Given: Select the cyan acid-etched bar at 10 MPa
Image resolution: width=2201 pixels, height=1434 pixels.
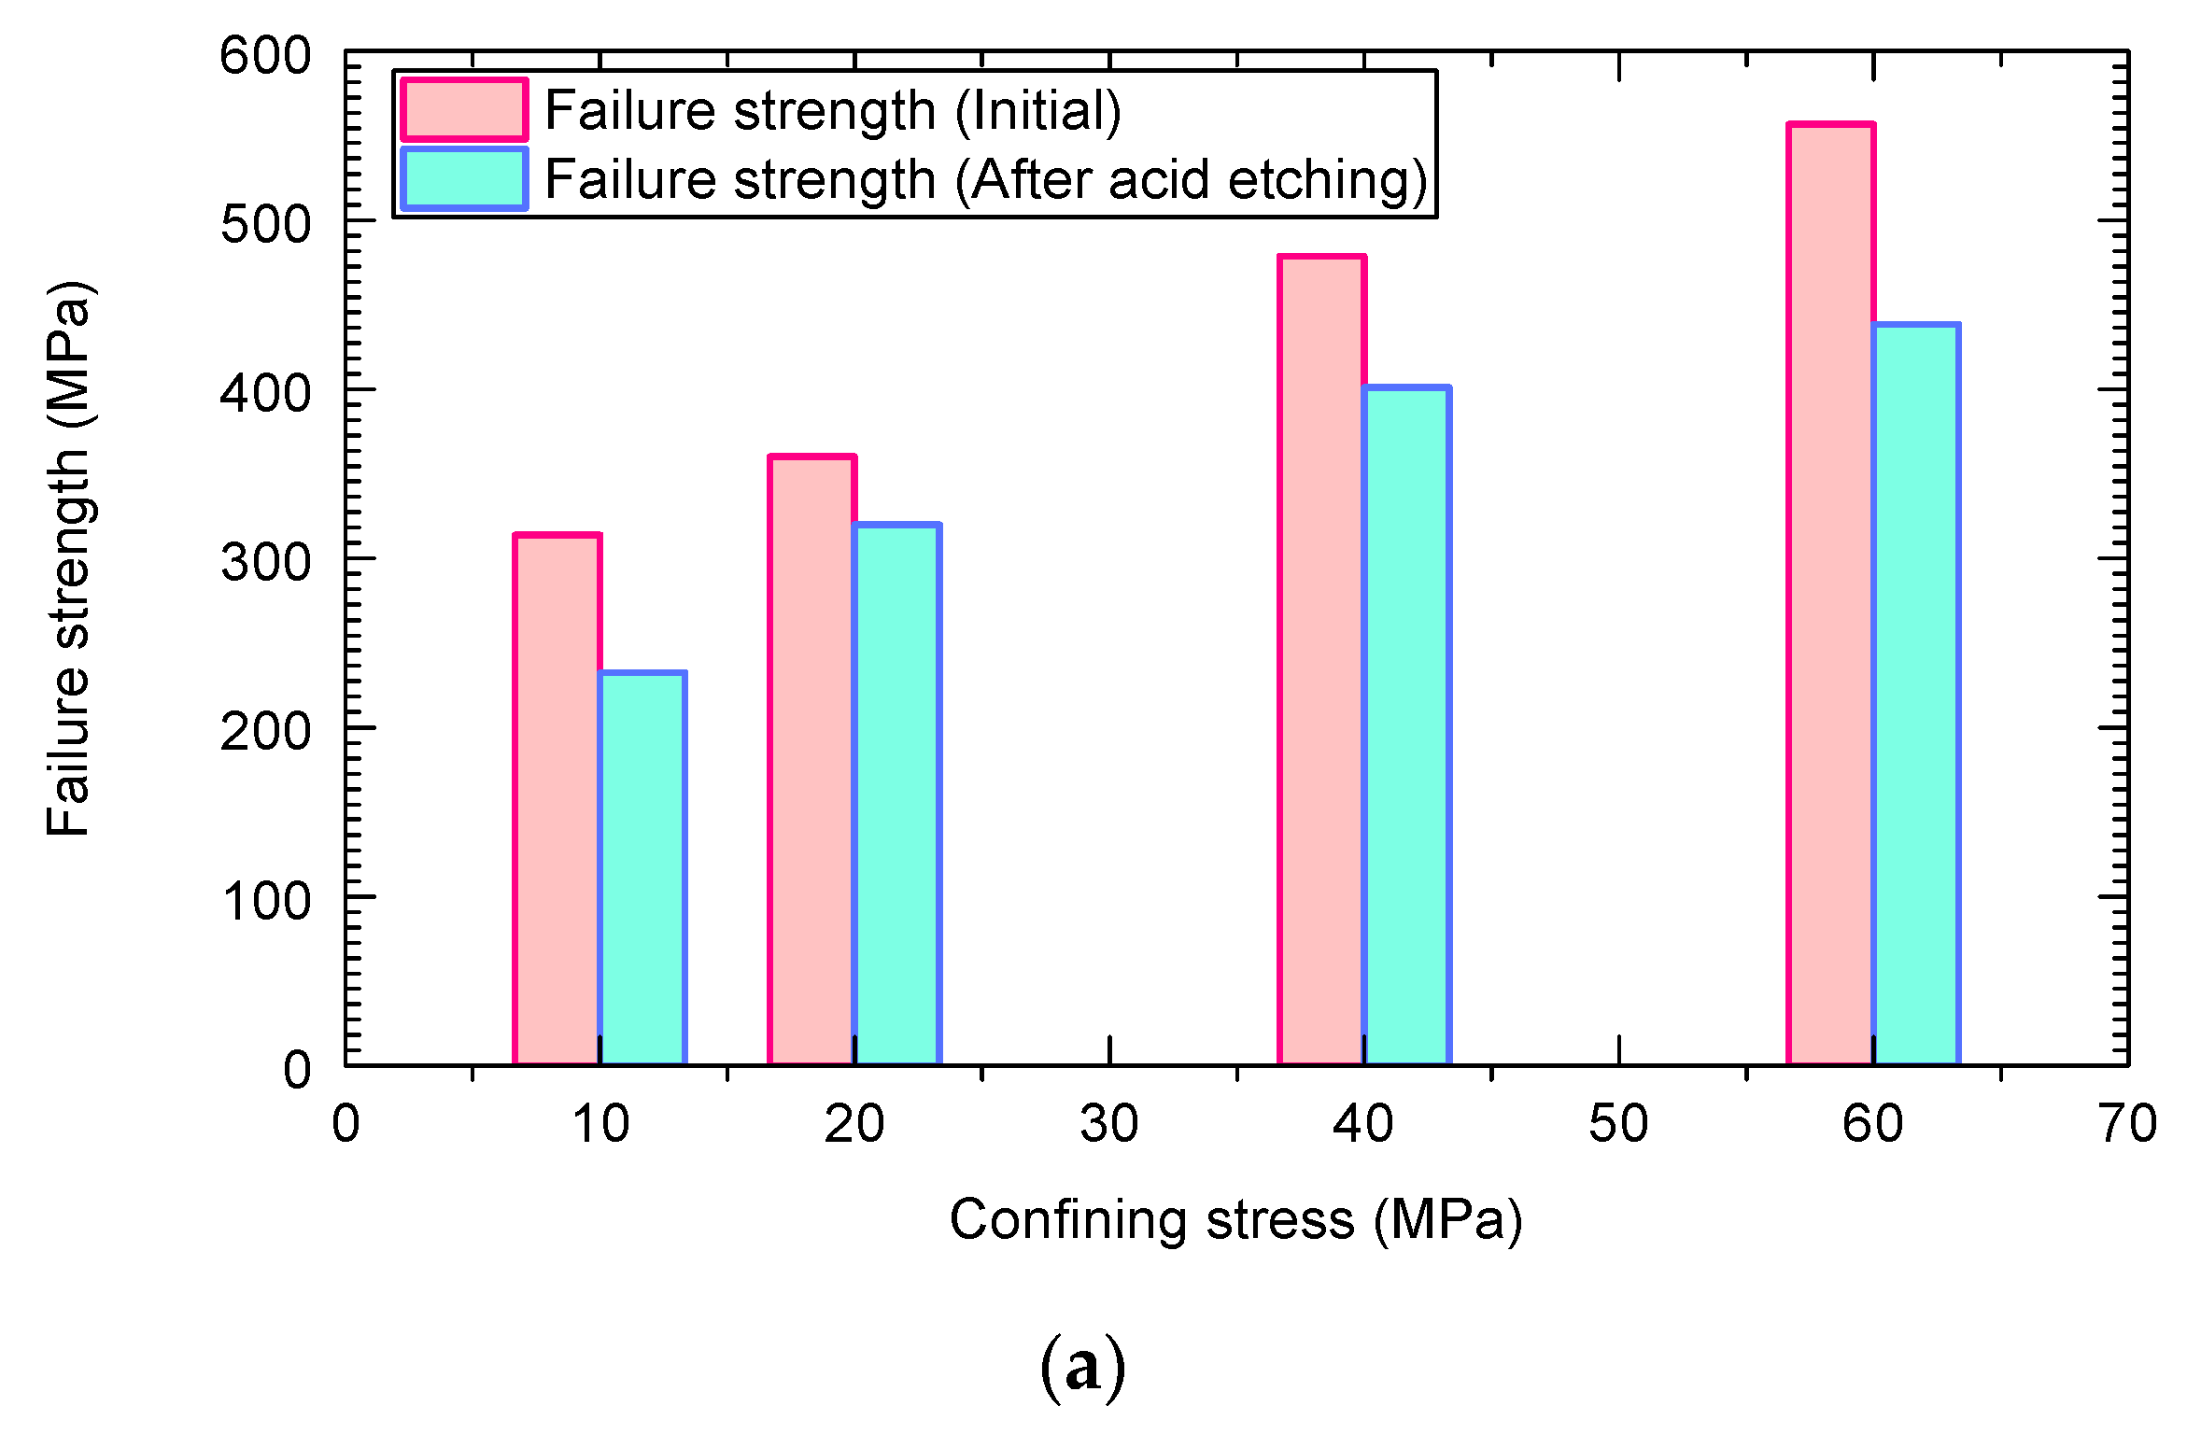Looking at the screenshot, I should coord(642,868).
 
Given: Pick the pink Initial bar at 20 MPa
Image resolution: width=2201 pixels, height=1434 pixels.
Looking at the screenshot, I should coord(811,760).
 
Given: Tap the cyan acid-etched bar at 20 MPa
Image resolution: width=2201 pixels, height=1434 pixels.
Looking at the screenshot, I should coord(896,794).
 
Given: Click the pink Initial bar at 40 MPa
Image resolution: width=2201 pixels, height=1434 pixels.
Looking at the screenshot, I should coord(1321,659).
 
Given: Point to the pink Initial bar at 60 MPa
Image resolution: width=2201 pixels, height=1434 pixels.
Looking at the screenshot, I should coord(1830,594).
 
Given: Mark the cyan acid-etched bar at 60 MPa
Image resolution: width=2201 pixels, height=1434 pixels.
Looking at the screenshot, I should coord(1916,695).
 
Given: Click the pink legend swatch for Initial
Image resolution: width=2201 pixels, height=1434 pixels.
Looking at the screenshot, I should coord(464,110).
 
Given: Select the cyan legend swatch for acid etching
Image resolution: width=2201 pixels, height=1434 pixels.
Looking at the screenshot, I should coord(464,179).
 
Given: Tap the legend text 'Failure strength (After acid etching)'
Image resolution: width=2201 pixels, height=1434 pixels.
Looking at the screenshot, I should coord(985,179).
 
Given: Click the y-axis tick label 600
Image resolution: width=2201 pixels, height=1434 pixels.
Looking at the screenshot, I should coord(265,56).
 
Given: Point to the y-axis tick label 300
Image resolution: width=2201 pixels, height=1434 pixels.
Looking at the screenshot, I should coord(265,563).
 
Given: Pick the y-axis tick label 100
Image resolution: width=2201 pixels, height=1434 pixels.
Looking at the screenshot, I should coord(265,902).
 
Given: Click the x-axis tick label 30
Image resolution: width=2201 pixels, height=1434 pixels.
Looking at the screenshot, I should coord(1109,1124).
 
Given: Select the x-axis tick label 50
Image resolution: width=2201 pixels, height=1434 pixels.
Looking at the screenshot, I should coord(1618,1124).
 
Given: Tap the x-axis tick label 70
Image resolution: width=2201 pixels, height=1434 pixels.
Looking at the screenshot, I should coord(2128,1124).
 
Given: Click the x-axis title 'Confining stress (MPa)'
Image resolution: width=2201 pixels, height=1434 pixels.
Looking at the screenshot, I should coord(1235,1220).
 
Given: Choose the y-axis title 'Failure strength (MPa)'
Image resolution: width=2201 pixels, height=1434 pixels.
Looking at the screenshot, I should coord(69,558).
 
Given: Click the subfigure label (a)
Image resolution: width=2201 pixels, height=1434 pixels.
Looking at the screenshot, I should coord(1082,1368).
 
